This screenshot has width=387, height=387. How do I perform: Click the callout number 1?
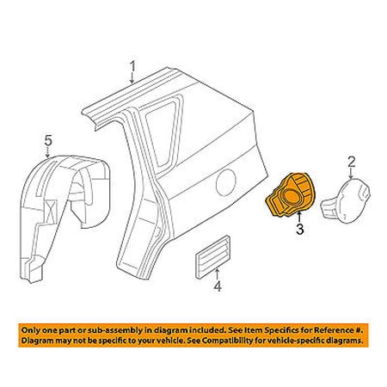132,67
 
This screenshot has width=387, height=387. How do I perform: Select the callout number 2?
352,162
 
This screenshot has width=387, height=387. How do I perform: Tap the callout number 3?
300,229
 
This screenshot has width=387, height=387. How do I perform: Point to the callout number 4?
218,286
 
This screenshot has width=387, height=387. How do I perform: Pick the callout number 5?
48,141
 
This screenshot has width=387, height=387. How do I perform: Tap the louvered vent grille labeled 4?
212,257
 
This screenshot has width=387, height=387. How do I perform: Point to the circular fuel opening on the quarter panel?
226,182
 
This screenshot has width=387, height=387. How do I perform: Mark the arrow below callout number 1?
132,78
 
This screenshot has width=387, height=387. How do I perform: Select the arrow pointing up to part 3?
299,218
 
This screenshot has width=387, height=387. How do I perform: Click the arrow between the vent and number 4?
218,273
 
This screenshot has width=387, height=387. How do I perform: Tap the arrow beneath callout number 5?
48,152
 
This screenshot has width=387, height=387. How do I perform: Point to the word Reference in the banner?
333,330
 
